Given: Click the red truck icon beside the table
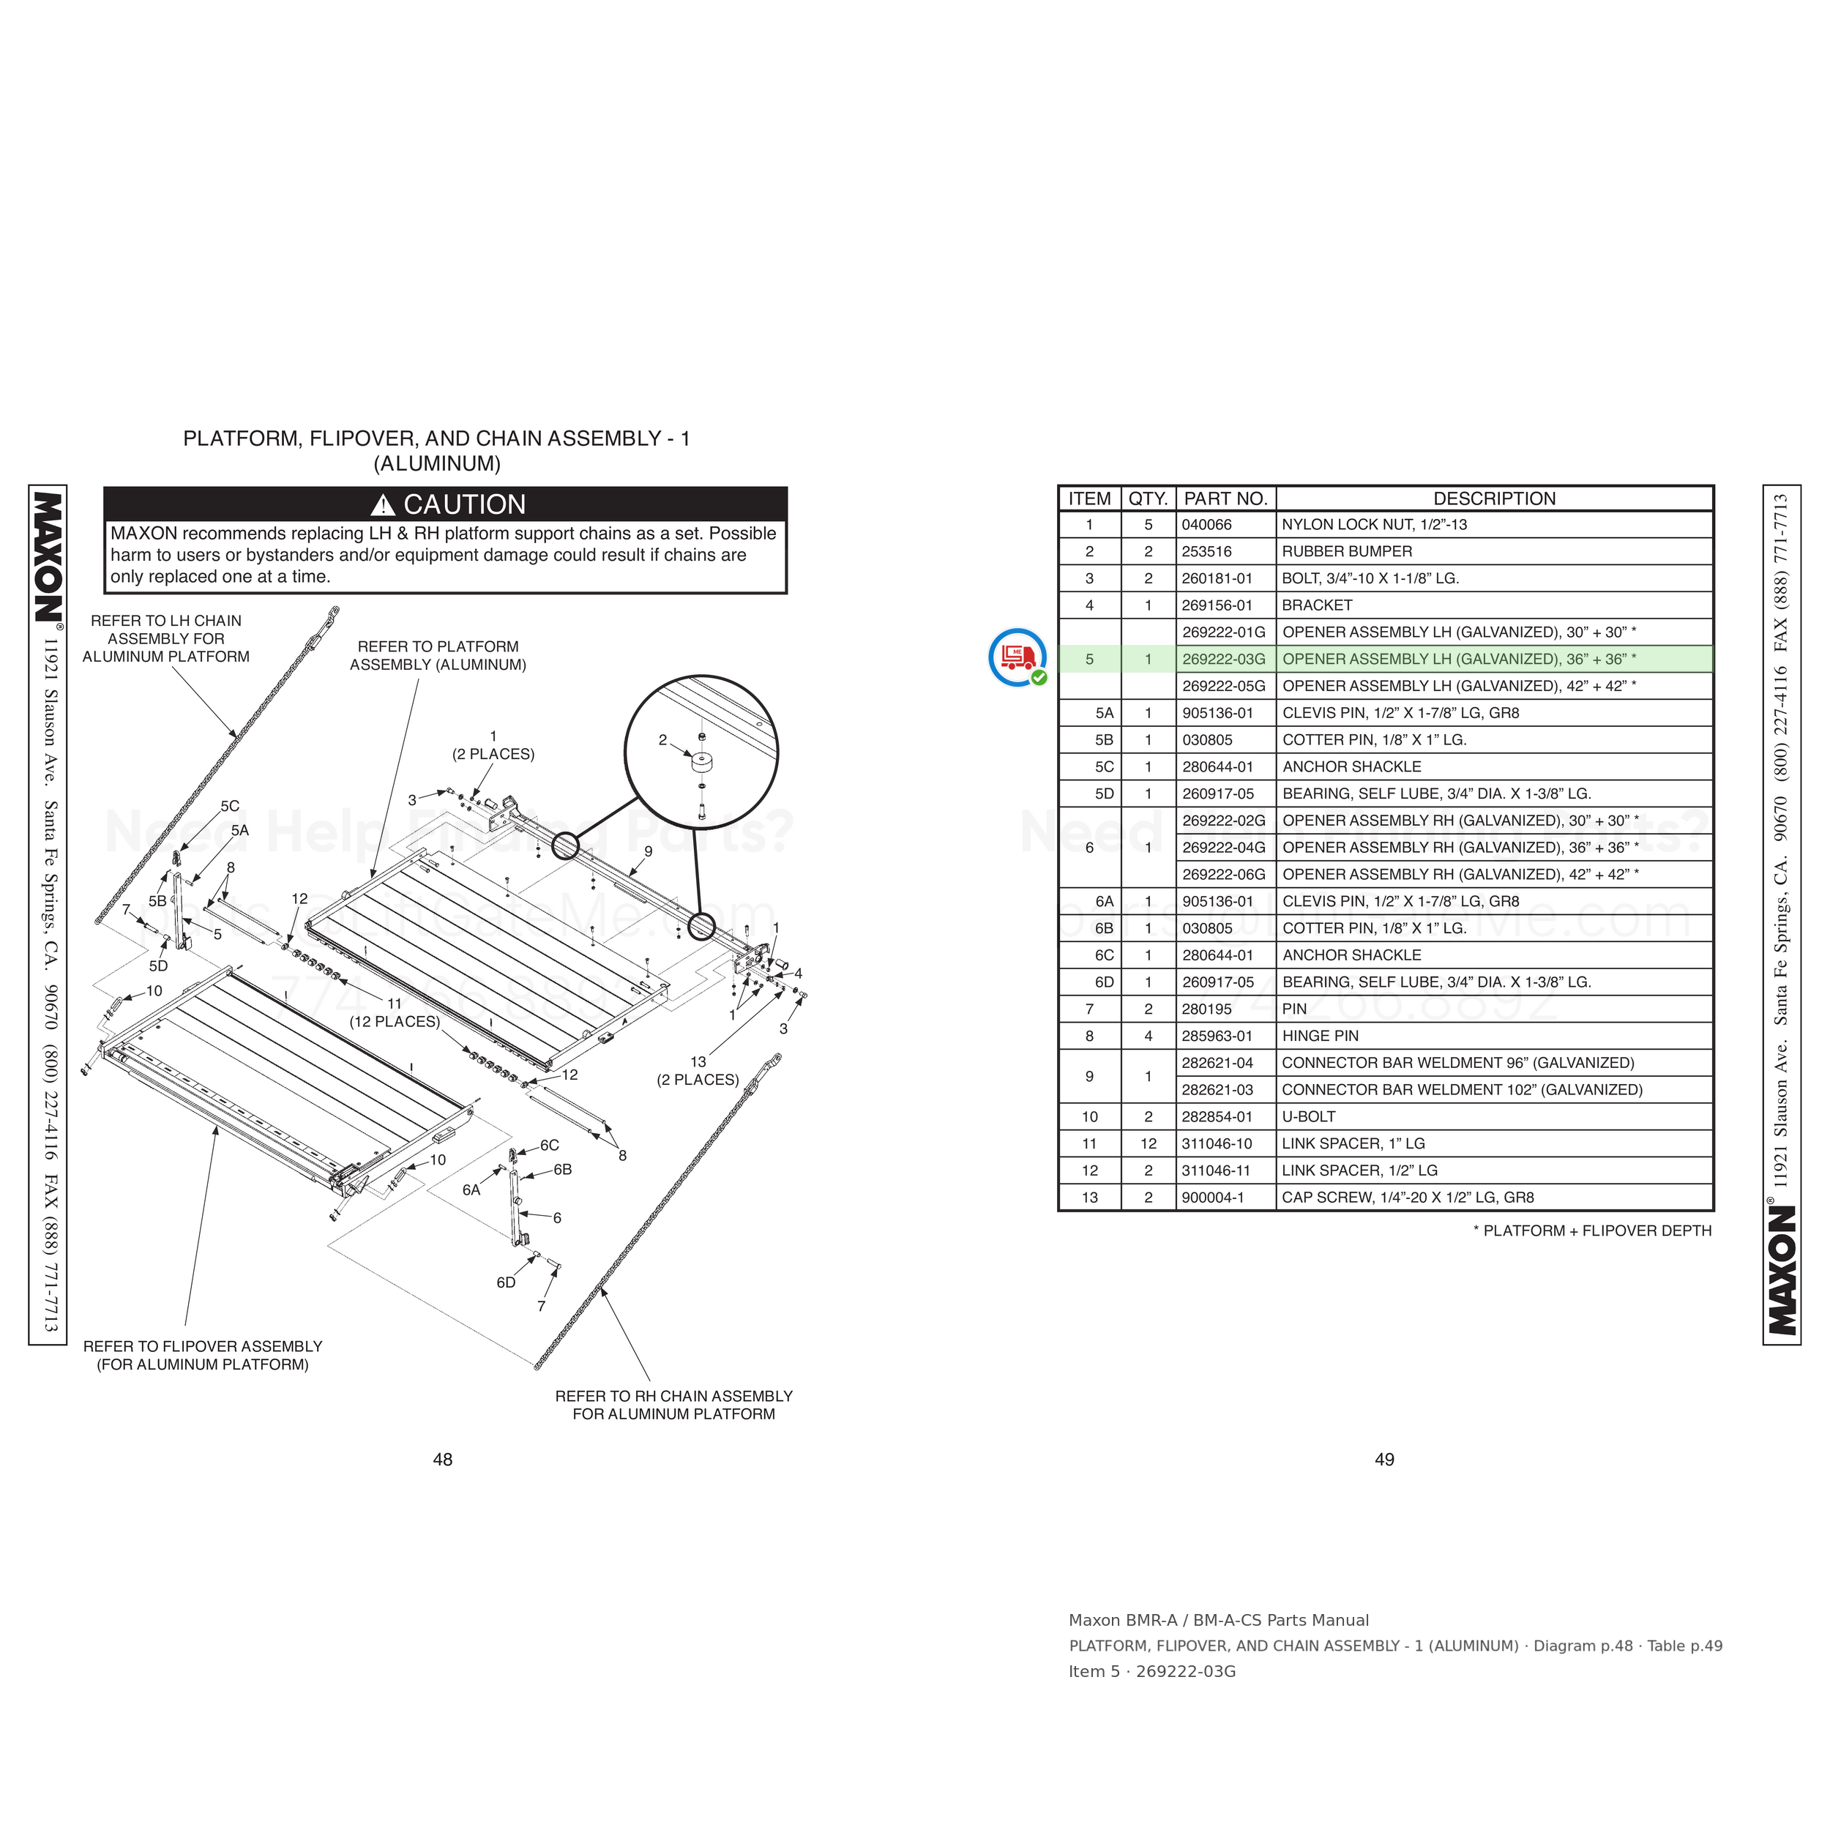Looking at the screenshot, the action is coord(1017,657).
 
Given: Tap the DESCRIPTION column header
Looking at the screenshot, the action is coord(1494,498).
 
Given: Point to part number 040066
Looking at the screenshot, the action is coord(1207,525).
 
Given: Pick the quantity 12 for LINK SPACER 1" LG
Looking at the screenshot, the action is coord(1148,1143).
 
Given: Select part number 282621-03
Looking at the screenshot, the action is coord(1217,1089).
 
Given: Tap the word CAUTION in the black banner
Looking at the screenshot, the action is coord(464,504).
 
